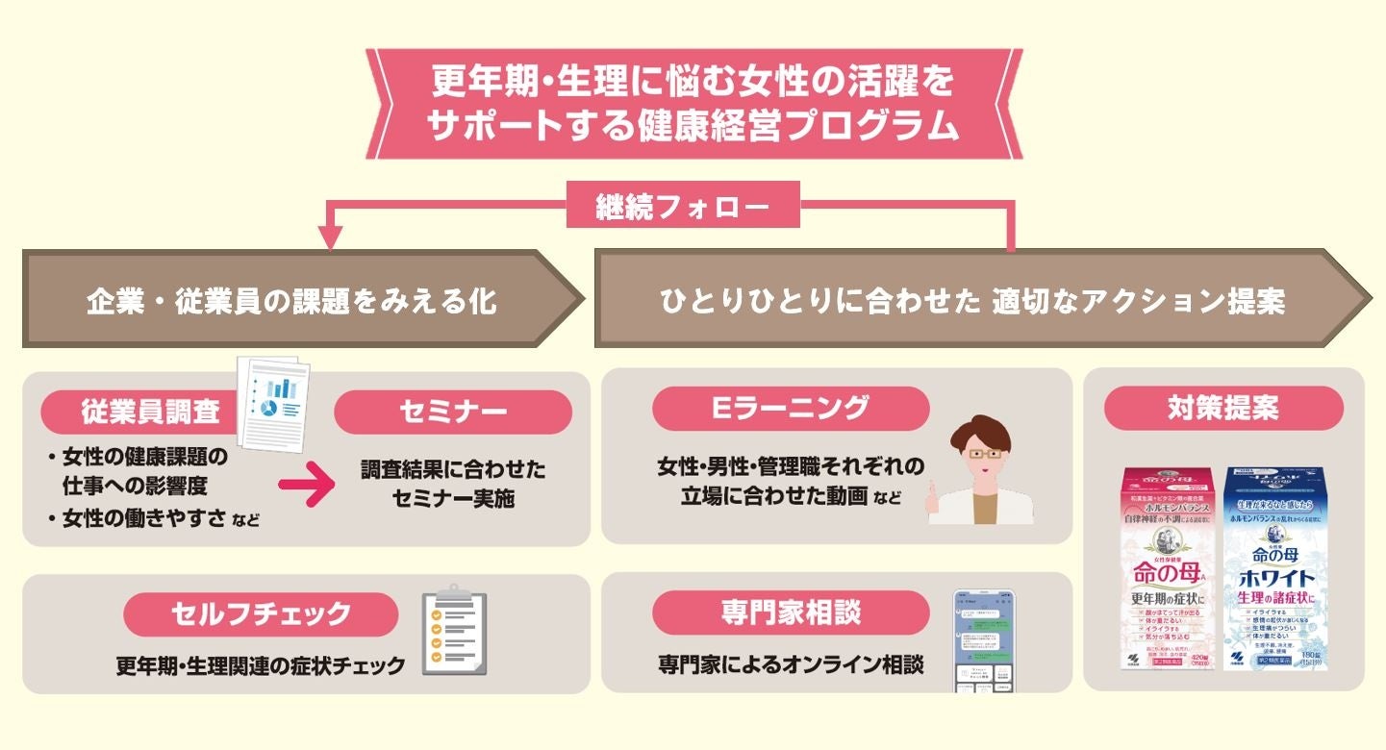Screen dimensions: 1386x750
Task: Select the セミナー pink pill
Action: point(453,412)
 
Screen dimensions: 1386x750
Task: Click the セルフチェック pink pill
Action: point(261,613)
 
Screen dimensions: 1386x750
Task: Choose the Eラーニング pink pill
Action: point(791,409)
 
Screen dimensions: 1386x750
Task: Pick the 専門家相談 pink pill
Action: point(791,612)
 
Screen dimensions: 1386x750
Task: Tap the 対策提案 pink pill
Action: point(1222,408)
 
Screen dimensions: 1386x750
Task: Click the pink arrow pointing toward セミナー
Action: point(306,487)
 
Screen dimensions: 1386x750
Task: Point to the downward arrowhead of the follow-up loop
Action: point(331,237)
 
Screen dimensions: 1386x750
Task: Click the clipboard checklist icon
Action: point(455,633)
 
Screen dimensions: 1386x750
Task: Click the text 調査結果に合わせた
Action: point(453,470)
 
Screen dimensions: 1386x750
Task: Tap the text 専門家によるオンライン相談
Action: point(791,664)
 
